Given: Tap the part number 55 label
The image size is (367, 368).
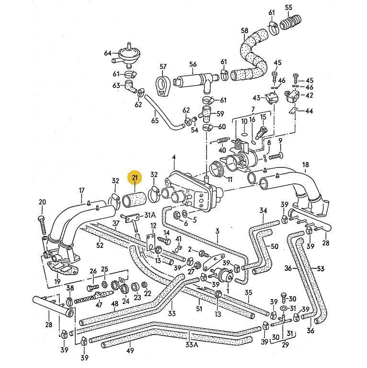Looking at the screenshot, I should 301,7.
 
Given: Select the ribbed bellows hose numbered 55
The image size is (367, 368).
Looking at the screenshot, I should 292,22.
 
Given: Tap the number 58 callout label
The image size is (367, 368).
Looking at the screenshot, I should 245,32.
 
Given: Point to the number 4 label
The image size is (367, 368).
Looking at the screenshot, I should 174,157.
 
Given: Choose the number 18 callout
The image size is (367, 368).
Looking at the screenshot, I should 305,165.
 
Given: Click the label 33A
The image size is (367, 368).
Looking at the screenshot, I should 192,345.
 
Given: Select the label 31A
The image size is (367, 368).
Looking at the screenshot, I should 150,215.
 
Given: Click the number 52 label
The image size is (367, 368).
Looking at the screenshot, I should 100,245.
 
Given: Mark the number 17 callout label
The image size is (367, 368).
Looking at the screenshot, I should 82,191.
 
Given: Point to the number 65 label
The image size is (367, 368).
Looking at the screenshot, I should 155,120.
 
